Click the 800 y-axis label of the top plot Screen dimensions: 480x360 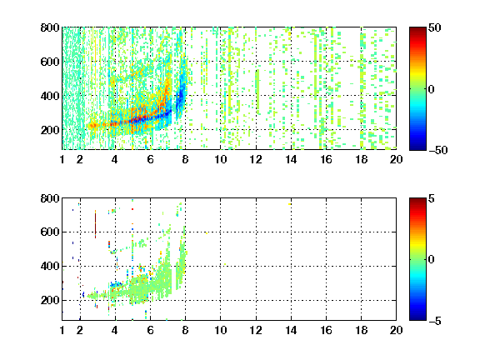point(50,27)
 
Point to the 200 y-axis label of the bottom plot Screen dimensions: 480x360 point(50,300)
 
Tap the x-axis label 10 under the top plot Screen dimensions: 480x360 point(220,159)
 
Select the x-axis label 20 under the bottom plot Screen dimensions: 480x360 point(396,330)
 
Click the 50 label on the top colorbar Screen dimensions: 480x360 point(434,27)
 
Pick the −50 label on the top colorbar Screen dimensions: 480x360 point(437,150)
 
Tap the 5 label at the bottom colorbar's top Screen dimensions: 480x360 point(432,198)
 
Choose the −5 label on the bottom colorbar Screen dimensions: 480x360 point(435,321)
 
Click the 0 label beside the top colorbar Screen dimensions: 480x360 point(432,89)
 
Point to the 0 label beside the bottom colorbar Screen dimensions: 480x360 point(432,260)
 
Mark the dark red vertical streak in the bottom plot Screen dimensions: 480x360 point(95,224)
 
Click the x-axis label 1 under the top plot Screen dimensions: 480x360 point(62,159)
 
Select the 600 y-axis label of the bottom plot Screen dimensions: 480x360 point(50,232)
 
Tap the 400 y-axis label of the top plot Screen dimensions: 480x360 point(50,96)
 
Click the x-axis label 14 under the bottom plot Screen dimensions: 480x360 point(291,330)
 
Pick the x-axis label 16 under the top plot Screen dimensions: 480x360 point(326,159)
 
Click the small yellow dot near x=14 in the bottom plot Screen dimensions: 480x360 point(290,204)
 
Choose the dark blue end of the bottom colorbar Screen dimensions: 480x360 point(417,318)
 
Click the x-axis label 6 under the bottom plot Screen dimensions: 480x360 point(150,330)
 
